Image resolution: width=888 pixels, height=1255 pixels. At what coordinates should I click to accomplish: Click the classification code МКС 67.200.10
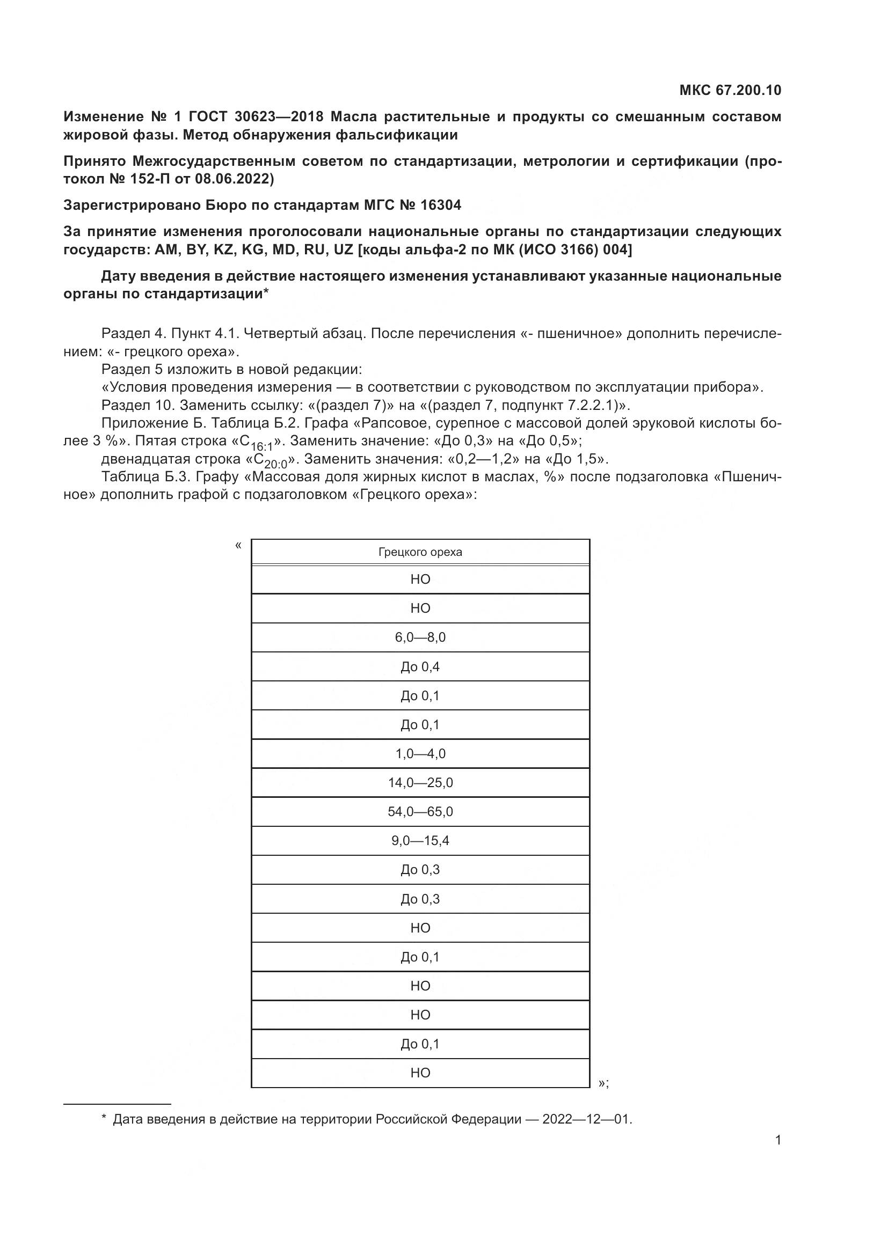pos(730,90)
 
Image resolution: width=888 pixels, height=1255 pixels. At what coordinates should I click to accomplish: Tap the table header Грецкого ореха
pos(420,552)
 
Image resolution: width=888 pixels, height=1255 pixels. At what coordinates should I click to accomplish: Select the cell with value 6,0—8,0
pos(420,637)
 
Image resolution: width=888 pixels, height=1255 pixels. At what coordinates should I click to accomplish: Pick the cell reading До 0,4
pos(420,667)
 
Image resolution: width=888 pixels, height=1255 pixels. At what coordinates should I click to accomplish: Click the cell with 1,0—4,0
pos(420,754)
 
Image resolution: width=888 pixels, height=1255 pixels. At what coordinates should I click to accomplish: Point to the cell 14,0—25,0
pos(420,783)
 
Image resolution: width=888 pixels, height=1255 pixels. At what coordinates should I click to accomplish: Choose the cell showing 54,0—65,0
pos(420,812)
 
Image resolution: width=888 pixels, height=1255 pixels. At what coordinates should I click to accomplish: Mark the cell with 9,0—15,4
pos(420,841)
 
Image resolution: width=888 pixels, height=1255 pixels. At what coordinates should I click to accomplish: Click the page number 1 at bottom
pos(778,1140)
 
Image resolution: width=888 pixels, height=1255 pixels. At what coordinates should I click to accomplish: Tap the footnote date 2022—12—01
pos(586,1119)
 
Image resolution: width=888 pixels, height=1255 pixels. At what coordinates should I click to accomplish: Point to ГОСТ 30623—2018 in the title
pos(256,117)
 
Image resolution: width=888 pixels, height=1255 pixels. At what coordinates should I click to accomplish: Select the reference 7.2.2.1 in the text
pos(588,406)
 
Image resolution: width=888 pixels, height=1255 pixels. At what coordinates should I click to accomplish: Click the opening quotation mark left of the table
pos(238,545)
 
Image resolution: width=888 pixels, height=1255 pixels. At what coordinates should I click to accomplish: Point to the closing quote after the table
pos(602,1083)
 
